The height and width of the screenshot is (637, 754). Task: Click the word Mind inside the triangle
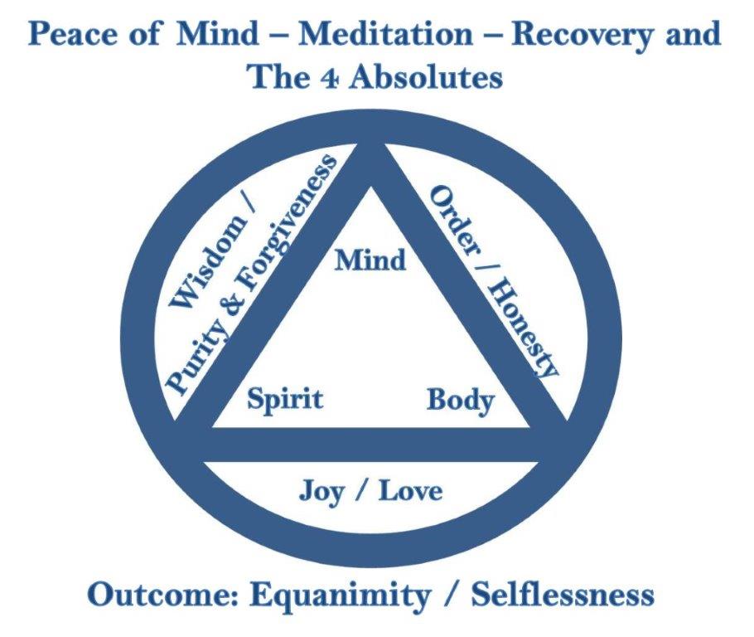(370, 260)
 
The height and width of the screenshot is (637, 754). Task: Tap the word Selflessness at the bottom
(563, 596)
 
